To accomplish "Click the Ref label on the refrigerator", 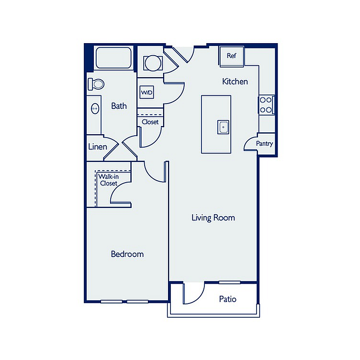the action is point(231,56).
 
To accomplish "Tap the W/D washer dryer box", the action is point(146,93).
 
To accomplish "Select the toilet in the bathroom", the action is point(96,84).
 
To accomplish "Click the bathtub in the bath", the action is point(113,58).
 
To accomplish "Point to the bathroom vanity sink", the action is point(95,108).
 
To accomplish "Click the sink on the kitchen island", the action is point(223,127).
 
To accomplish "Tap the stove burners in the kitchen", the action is point(266,105).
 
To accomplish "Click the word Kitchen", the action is point(235,81).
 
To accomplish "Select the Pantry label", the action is point(264,144).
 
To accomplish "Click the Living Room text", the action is point(214,218).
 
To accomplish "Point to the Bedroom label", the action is point(127,254).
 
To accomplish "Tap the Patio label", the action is point(227,299).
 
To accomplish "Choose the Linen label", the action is point(98,147).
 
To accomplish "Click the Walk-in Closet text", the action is point(109,180).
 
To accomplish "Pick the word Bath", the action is point(119,106).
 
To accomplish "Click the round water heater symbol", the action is point(153,63).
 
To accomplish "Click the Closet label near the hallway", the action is point(150,122).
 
